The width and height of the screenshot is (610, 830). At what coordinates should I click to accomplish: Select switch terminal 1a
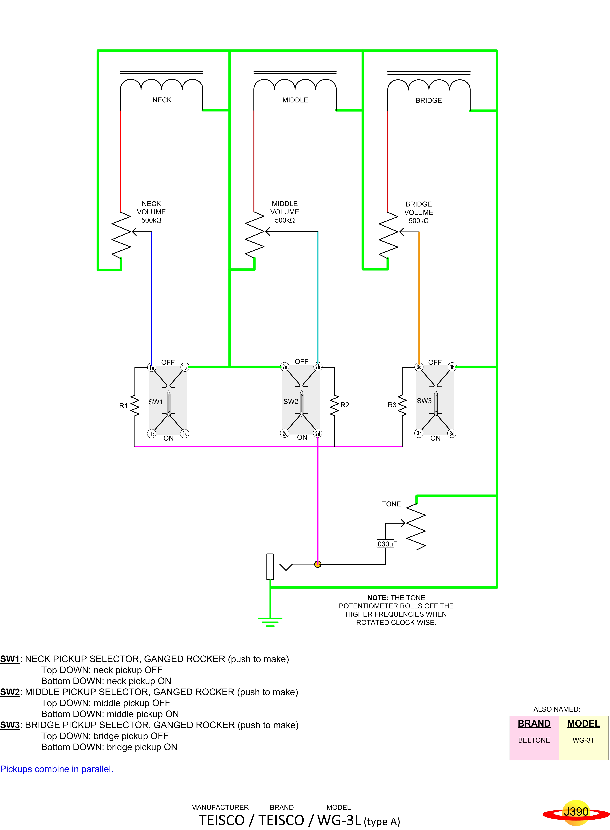[x=151, y=367]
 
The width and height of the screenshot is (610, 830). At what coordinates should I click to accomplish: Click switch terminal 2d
[x=318, y=433]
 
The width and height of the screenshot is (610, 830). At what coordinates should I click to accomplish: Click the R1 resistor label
[x=123, y=406]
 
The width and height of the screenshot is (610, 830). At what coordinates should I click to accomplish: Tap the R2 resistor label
[x=345, y=405]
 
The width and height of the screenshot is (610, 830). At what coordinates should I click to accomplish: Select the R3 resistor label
[x=392, y=405]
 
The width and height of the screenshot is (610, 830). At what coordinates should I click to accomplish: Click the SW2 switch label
[x=291, y=401]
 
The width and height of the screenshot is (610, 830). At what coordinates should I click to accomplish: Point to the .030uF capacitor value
[x=387, y=544]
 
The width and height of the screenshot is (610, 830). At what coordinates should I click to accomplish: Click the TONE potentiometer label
[x=391, y=504]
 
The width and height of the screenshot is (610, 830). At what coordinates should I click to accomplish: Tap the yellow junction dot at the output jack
[x=318, y=564]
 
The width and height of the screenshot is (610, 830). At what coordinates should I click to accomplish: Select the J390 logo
[x=576, y=812]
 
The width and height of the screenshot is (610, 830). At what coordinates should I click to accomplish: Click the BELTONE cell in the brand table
[x=534, y=740]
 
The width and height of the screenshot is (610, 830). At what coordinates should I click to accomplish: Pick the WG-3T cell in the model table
[x=583, y=740]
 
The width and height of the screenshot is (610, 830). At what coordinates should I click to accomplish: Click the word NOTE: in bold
[x=377, y=598]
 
